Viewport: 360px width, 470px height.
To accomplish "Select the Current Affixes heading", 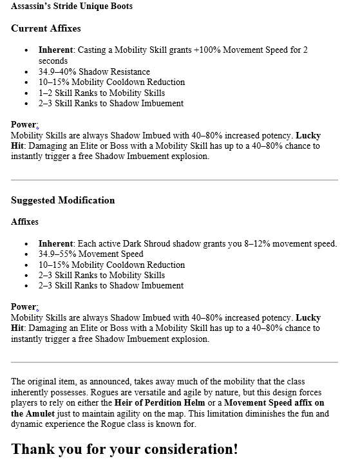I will [x=46, y=28].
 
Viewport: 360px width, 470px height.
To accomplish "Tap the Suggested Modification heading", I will [x=62, y=200].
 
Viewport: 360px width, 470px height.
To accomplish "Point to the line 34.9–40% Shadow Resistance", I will [x=94, y=71].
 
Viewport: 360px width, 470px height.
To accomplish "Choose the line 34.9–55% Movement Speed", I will [x=91, y=254].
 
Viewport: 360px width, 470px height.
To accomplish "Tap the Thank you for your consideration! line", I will [x=124, y=449].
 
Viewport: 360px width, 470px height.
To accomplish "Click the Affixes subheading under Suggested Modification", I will [x=24, y=221].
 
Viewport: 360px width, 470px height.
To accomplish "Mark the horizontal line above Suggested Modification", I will [x=174, y=180].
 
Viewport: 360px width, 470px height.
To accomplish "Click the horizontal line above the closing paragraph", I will [x=174, y=362].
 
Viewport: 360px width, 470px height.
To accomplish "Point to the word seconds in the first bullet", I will [x=53, y=61].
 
